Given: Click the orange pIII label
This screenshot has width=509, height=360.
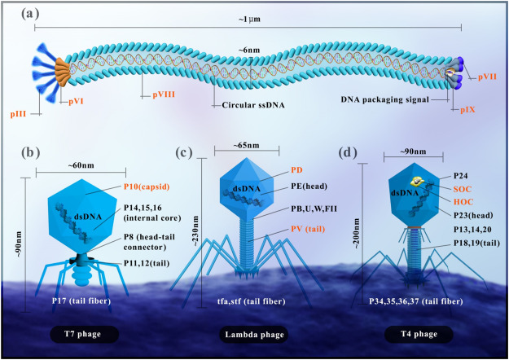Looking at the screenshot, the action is pos(18,114).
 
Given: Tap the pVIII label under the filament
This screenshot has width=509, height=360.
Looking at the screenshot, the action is pos(164,94).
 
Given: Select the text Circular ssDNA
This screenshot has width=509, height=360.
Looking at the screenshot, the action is pos(253,105).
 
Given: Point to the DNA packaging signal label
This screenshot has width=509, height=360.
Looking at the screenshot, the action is pos(385,99).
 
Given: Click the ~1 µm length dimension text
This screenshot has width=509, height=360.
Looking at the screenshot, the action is pos(249,20).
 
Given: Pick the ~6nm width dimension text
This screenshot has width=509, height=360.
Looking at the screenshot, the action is pos(249,50).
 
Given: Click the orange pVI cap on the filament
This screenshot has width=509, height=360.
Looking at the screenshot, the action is pos(62,72).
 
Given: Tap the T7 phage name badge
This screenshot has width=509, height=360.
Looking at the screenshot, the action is pos(84,335).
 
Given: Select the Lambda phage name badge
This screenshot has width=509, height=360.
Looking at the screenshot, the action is pos(254,335).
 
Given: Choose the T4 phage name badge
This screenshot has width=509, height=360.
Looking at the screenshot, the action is pos(419,335).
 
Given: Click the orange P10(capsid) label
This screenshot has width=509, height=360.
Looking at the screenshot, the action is pos(147,187).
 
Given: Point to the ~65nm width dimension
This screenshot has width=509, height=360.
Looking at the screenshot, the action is pos(247,145).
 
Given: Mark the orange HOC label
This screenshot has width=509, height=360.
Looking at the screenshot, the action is pos(463,202).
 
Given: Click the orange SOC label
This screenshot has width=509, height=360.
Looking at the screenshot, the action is pos(463,189).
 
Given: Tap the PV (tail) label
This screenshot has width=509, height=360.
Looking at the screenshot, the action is pos(308,229).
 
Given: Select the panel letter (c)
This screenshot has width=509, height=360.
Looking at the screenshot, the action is pos(184,152).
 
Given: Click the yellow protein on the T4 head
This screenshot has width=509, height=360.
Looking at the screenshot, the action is pos(417,182).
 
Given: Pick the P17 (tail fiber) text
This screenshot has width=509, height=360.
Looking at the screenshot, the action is pos(81,301).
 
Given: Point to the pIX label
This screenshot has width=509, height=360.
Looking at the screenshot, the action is pos(467,110).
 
